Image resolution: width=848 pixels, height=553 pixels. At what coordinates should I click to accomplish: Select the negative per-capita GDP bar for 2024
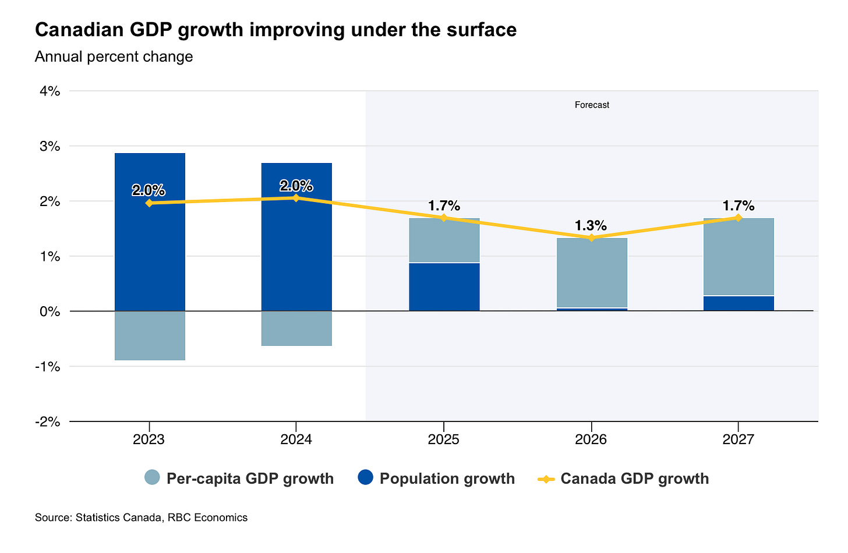[x=296, y=329]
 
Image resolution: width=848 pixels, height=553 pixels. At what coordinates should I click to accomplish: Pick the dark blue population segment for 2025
[x=444, y=288]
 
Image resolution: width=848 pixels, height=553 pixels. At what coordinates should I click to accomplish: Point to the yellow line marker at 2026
[x=591, y=237]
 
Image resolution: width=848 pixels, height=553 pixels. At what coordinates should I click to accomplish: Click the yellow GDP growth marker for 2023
[x=149, y=203]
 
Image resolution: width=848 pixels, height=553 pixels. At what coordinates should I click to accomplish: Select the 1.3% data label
[x=591, y=225]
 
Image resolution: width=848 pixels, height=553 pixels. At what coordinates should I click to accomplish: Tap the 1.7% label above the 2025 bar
[x=444, y=205]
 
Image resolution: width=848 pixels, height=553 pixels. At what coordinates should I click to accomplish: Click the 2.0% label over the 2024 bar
[x=296, y=186]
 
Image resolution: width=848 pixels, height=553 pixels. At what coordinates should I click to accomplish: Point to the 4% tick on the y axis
[x=50, y=91]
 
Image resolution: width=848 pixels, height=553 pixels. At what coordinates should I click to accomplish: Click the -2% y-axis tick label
[x=48, y=421]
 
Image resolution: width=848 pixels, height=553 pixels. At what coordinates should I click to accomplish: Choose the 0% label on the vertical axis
[x=50, y=311]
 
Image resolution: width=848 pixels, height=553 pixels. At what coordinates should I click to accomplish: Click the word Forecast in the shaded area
[x=592, y=105]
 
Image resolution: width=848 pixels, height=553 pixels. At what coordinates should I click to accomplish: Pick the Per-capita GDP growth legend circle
[x=152, y=478]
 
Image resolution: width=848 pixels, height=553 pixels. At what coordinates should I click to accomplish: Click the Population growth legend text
[x=447, y=478]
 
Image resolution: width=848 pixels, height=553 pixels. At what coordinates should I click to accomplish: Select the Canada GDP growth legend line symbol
[x=546, y=479]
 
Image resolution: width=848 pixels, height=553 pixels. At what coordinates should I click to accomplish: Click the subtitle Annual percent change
[x=114, y=57]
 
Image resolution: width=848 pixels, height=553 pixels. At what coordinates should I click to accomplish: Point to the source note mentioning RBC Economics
[x=141, y=517]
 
